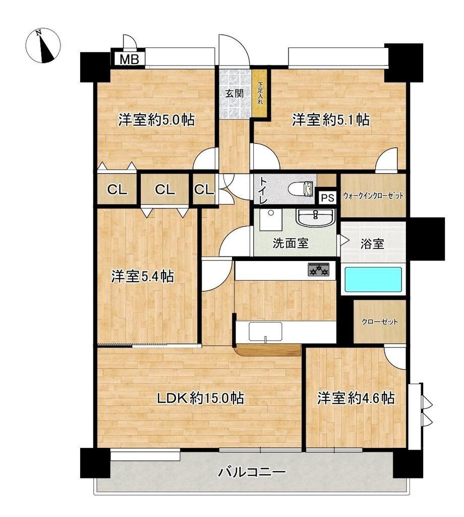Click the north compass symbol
click(x=43, y=46)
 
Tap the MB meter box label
click(x=129, y=60)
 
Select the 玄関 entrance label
click(x=235, y=93)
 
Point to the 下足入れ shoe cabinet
click(x=260, y=93)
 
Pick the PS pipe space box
click(x=328, y=198)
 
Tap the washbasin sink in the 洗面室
click(x=316, y=217)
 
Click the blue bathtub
click(x=373, y=280)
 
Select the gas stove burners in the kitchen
click(x=318, y=270)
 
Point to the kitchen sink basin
click(x=265, y=331)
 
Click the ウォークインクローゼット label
click(x=373, y=196)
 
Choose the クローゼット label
click(x=380, y=322)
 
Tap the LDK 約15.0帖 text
click(x=200, y=398)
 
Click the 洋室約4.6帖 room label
click(x=356, y=398)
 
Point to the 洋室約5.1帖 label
click(x=331, y=120)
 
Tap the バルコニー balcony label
click(x=252, y=472)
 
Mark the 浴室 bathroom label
click(x=372, y=244)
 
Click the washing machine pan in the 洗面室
click(x=270, y=220)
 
